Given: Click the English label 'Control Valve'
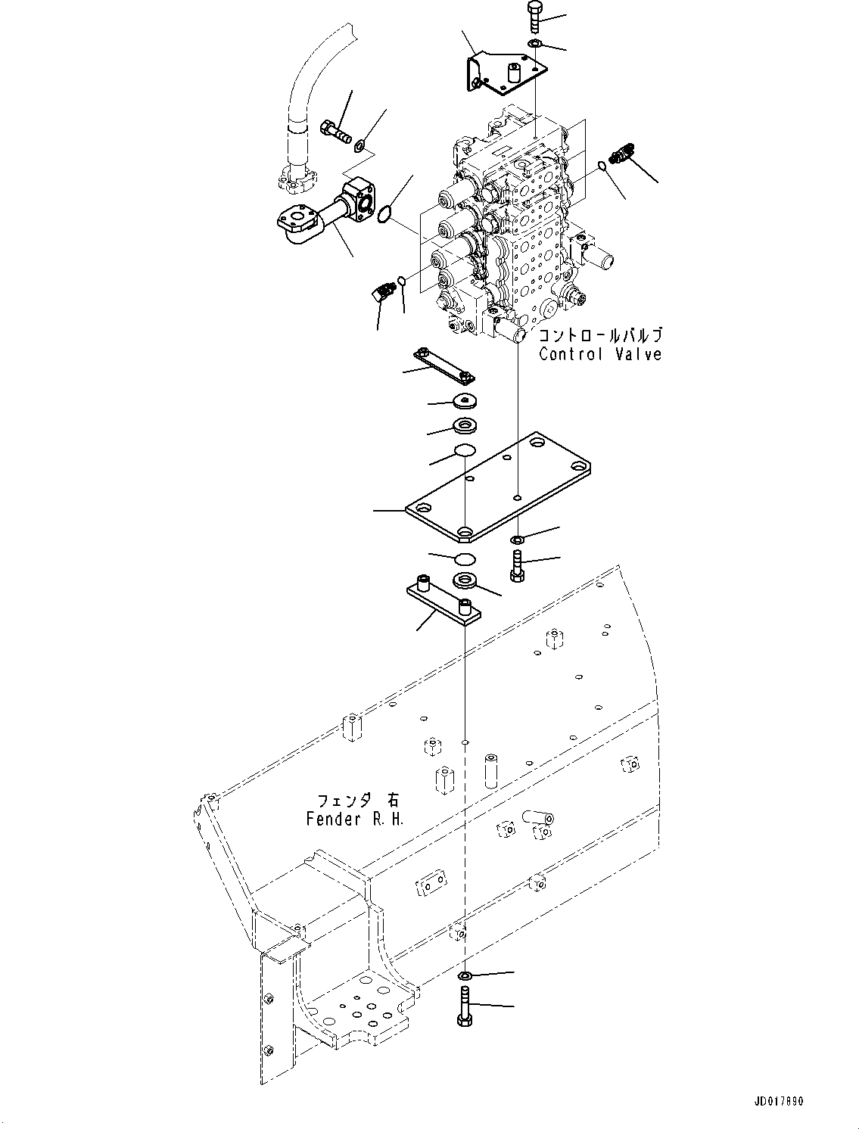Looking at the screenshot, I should (599, 354).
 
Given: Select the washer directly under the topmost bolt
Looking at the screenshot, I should (534, 44).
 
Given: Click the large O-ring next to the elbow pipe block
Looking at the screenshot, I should (386, 214).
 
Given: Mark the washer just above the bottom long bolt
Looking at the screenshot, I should (465, 973).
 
